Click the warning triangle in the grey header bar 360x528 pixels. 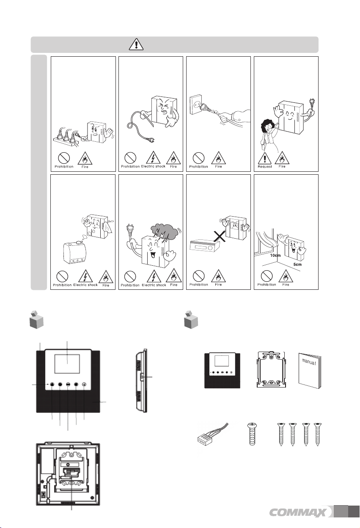pos(136,44)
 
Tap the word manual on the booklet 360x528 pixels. pos(309,361)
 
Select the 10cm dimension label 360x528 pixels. pos(275,255)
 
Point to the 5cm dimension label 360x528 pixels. pos(297,264)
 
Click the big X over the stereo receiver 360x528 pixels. pos(220,236)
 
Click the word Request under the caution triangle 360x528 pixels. pos(265,166)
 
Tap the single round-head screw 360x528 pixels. pos(252,434)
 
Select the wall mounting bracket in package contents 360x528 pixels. pos(271,369)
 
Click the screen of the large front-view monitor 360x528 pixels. pos(67,364)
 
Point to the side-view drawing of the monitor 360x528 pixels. pos(141,381)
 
